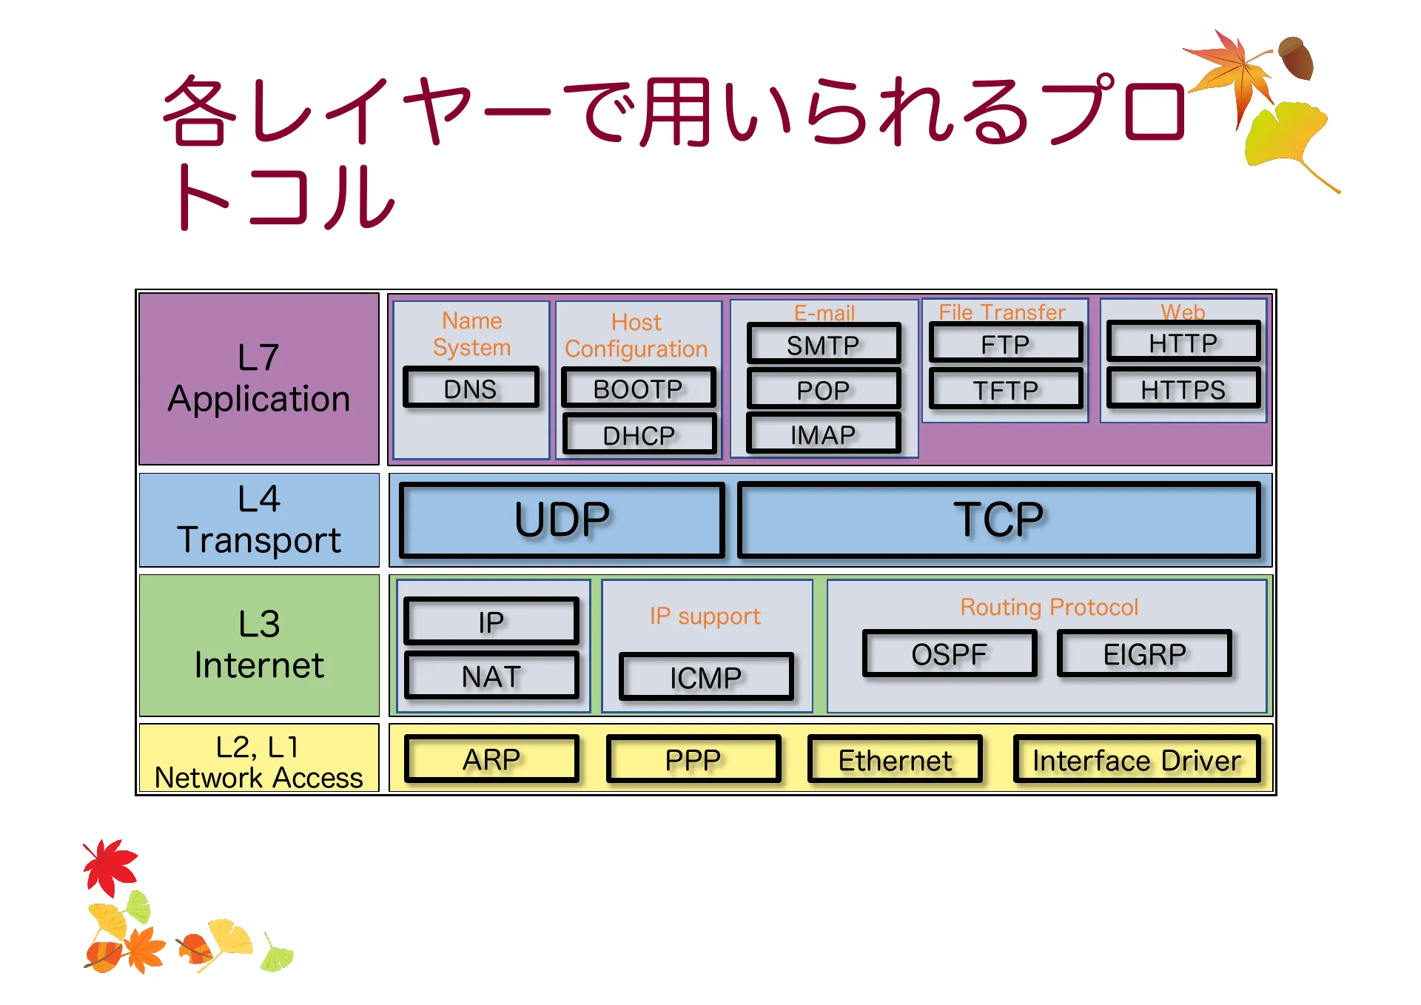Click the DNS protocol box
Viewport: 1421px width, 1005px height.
tap(471, 388)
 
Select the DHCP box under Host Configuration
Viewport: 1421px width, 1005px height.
tap(639, 434)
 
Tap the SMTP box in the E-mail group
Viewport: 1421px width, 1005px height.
tap(823, 344)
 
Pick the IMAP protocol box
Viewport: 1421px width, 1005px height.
tap(823, 434)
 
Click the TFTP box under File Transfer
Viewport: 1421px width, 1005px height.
tap(1005, 389)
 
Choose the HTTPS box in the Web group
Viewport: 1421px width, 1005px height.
tap(1183, 389)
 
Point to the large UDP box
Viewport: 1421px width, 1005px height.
tap(562, 520)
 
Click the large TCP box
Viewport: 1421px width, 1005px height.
tap(998, 520)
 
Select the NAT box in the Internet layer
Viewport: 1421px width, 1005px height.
tap(491, 676)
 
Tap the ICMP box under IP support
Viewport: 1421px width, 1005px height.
tap(706, 677)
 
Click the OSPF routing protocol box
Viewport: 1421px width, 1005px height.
tap(950, 653)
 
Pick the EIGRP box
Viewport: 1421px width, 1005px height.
tap(1144, 653)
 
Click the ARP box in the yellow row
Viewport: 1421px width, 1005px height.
tap(491, 759)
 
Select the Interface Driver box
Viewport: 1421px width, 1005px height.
tap(1136, 760)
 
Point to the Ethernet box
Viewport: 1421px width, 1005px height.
tap(895, 760)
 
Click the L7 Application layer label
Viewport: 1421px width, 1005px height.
tap(259, 378)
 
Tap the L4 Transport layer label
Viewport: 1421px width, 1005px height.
tap(259, 520)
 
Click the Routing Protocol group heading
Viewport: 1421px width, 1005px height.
tap(1049, 607)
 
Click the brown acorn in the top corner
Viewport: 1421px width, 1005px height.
tap(1296, 58)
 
